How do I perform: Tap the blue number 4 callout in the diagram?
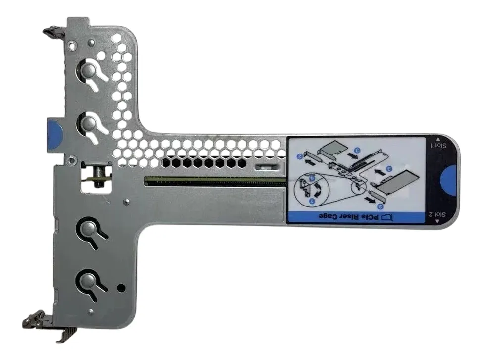click(x=312, y=178)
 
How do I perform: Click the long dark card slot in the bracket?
click(x=215, y=182)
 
